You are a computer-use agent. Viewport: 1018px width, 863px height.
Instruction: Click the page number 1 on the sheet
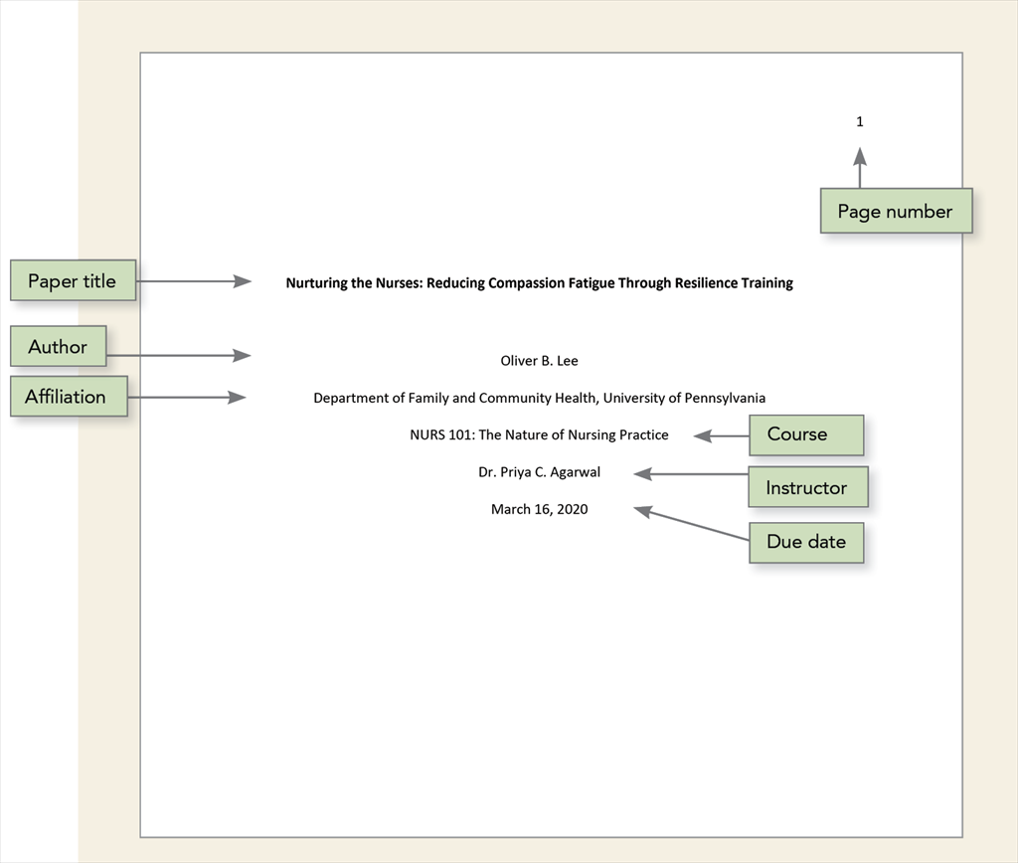pos(860,122)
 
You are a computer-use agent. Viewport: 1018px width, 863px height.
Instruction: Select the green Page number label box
pos(896,211)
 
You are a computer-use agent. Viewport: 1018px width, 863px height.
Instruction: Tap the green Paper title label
pos(73,281)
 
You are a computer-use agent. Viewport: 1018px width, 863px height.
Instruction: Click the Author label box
pos(58,347)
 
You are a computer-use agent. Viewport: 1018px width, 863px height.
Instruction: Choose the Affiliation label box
pos(68,397)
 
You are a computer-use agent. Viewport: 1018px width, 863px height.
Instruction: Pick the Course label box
pos(805,434)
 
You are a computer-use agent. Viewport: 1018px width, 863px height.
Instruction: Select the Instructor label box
pos(807,487)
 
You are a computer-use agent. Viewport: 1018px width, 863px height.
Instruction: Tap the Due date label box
pos(806,542)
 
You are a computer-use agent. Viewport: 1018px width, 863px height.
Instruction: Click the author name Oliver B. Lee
pos(539,361)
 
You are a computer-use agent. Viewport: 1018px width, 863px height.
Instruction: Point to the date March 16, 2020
pos(539,509)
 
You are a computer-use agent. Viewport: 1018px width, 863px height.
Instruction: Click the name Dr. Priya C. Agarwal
pos(539,472)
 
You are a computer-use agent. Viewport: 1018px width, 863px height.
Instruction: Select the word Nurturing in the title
pos(316,283)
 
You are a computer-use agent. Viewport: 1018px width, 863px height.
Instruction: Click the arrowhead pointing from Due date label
pos(643,511)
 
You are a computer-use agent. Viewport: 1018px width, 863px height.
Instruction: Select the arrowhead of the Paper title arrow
pos(244,281)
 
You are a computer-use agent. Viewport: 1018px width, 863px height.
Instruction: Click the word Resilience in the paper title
pos(705,283)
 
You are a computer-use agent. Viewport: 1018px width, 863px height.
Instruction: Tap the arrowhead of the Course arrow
pos(702,435)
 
